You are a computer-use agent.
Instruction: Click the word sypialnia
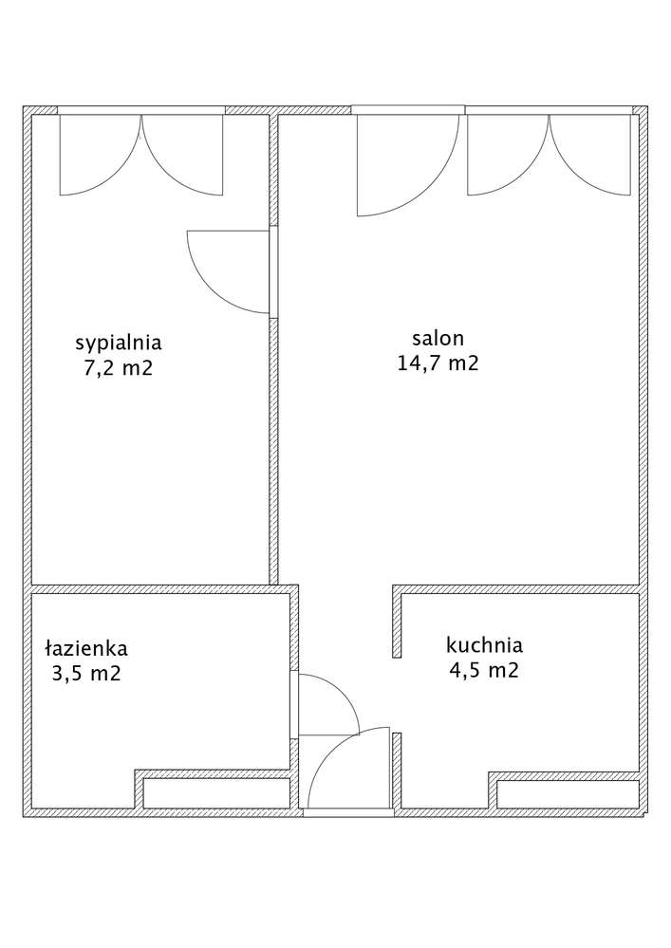[119, 344]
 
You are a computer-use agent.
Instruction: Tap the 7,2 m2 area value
[119, 367]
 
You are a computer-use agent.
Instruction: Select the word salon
[438, 338]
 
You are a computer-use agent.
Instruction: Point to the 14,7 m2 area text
[438, 362]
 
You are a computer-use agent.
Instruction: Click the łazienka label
[86, 648]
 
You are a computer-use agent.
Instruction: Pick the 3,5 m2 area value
[86, 673]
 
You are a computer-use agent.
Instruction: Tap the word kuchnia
[484, 645]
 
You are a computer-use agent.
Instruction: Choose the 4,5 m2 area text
[484, 670]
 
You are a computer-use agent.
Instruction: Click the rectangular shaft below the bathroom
[216, 792]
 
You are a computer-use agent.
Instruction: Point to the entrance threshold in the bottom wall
[349, 813]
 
